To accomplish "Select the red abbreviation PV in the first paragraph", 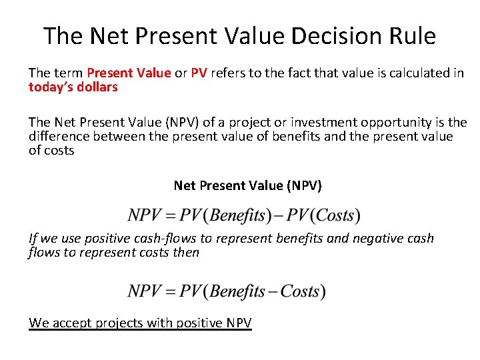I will pos(199,73).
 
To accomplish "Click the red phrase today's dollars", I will pos(73,87).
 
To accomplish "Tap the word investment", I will pos(270,123).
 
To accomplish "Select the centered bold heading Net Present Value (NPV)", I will pos(247,185).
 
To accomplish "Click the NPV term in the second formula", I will pos(143,291).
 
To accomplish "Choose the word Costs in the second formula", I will pos(299,291).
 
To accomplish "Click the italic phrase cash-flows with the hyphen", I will pos(163,238).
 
